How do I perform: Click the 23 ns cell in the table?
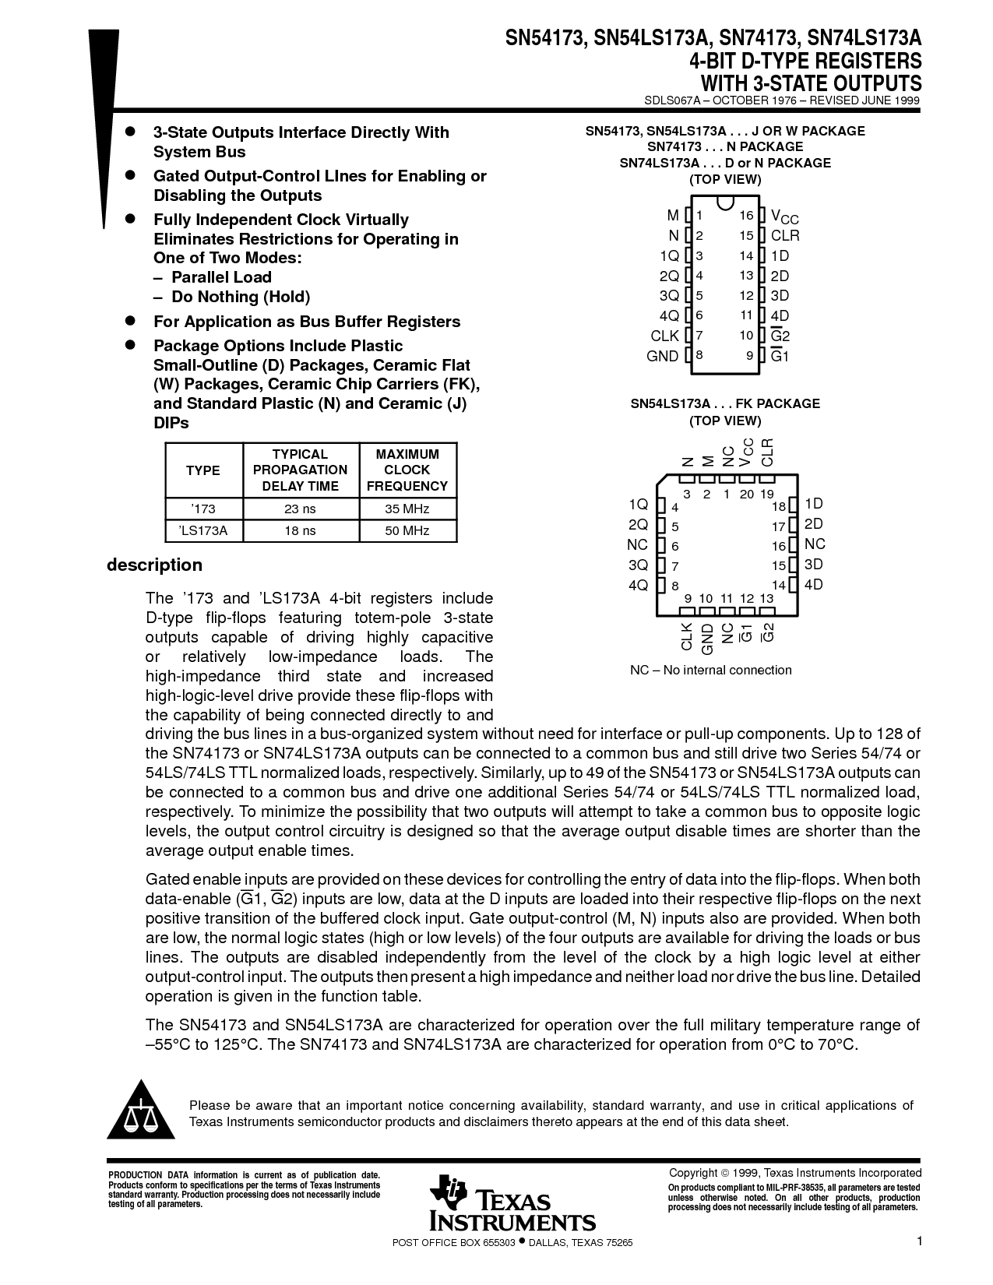tap(300, 509)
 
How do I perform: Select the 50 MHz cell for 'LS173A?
tap(407, 530)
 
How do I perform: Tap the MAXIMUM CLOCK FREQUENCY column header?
tap(407, 470)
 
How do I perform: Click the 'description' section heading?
tap(154, 565)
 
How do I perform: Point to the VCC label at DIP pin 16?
tap(784, 217)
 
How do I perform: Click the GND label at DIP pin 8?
tap(663, 356)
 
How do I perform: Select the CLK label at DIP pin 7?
tap(665, 336)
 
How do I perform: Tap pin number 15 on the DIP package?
tap(746, 235)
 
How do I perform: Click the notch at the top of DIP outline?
tap(725, 204)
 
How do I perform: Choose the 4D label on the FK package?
tap(813, 585)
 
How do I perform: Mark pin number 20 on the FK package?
tap(747, 494)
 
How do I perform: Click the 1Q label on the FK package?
tap(638, 504)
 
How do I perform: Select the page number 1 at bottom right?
tap(919, 1241)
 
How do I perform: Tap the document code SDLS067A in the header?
tap(674, 100)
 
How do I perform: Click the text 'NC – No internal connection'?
tap(710, 670)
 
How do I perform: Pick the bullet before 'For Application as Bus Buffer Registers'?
tap(132, 320)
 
